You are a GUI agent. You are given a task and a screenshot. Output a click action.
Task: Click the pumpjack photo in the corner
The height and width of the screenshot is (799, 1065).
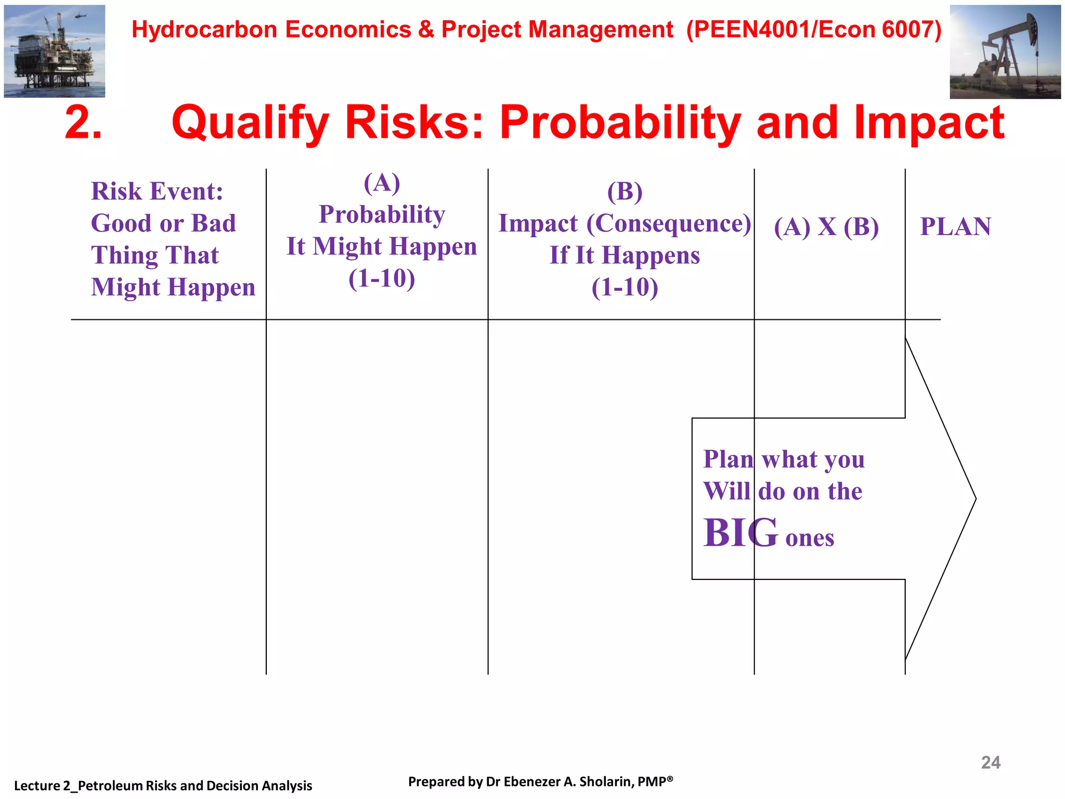[1005, 52]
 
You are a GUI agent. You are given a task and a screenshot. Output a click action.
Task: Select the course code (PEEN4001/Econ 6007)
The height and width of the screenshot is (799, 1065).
[814, 30]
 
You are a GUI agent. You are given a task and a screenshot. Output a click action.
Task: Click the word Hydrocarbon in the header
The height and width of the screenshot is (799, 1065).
[204, 30]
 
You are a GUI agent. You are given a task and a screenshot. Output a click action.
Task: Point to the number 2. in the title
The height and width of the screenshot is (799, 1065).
[83, 123]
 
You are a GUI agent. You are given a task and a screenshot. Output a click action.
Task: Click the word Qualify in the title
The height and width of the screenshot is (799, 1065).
[250, 123]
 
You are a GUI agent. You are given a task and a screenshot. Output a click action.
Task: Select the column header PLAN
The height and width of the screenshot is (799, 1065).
[955, 227]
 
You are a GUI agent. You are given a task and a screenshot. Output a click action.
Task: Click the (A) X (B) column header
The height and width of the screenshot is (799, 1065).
[826, 227]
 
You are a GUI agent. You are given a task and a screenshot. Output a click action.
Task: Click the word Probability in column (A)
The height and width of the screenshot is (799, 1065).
[382, 214]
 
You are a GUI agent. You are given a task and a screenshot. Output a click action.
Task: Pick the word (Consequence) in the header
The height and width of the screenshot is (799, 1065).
[669, 223]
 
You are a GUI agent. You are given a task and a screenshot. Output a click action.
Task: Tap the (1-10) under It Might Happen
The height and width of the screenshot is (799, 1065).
[382, 278]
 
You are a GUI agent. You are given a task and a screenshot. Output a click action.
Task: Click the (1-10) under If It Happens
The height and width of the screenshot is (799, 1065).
[625, 287]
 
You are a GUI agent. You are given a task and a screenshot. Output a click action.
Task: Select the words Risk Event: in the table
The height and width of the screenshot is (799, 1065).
[157, 191]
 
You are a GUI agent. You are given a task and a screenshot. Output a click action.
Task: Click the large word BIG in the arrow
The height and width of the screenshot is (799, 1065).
[741, 533]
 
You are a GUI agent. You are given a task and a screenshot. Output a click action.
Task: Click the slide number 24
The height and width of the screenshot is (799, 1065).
[990, 763]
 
